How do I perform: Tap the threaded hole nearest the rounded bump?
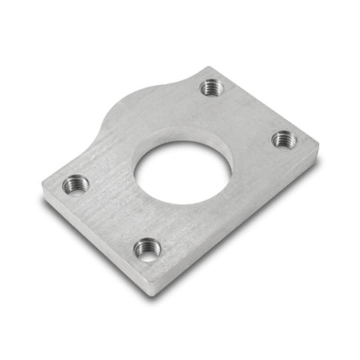coord(211,87)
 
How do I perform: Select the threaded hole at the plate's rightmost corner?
coord(283,138)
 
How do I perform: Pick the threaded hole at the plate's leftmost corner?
coord(76,182)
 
